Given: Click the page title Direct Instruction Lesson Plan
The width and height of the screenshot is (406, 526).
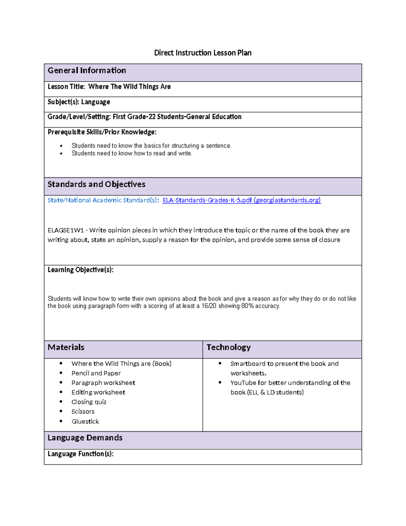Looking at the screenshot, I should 203,53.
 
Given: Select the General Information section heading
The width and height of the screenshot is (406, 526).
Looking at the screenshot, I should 87,70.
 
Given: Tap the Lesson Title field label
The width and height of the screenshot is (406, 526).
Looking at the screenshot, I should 66,87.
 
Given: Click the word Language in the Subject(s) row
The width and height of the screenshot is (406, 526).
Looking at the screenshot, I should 95,102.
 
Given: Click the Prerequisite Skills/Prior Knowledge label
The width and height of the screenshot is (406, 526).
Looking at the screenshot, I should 102,132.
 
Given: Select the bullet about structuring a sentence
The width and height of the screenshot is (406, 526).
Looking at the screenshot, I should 151,146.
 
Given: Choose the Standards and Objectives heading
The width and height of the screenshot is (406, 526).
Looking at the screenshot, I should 96,184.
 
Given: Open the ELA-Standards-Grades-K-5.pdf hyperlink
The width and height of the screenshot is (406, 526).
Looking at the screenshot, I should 242,200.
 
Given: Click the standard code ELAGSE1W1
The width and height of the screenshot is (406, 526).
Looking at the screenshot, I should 66,230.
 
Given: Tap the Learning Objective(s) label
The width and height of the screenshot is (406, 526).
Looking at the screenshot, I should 81,270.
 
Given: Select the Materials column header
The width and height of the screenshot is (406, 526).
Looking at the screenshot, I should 66,348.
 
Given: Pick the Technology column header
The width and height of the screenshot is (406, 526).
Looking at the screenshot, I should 228,348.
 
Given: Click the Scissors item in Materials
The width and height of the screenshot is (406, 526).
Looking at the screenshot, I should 83,412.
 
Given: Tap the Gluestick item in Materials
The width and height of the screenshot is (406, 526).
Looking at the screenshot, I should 85,422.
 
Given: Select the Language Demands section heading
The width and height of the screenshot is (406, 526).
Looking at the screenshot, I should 85,438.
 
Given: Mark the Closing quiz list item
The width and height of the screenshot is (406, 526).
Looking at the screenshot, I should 89,402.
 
